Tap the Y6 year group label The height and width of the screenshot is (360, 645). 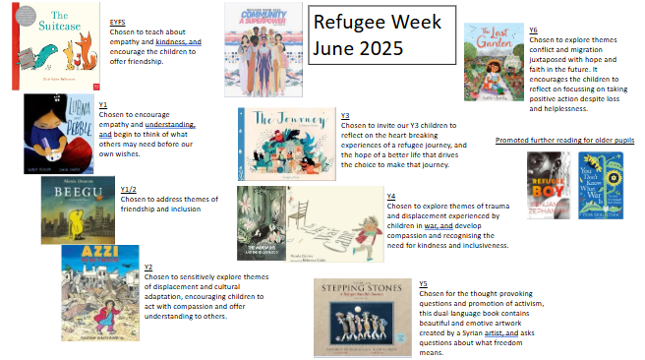(x=561, y=30)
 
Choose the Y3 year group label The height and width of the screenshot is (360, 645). (x=345, y=115)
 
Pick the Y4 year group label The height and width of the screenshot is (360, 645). (x=390, y=196)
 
